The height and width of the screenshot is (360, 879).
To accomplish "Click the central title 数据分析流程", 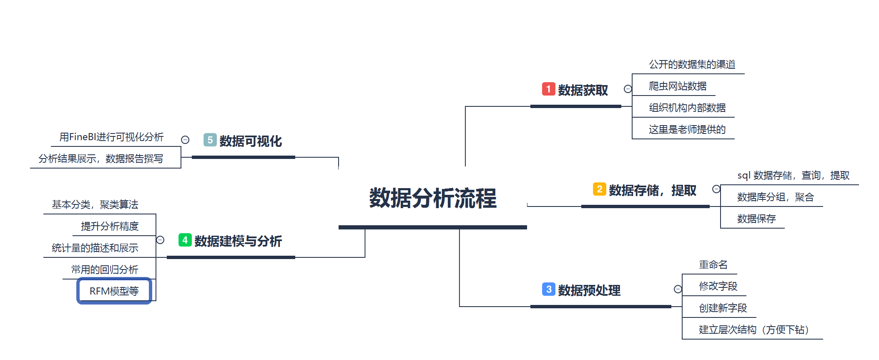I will (433, 198).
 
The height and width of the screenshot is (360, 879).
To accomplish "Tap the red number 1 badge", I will (548, 89).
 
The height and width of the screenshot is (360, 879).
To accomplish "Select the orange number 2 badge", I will (599, 189).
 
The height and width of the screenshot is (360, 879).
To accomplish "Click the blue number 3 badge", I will (548, 289).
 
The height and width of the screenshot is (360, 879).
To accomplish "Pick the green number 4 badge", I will (185, 240).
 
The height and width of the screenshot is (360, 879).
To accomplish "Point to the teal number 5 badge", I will (210, 140).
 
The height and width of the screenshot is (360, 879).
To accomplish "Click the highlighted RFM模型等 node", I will (114, 291).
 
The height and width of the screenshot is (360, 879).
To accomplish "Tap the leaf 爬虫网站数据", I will (678, 86).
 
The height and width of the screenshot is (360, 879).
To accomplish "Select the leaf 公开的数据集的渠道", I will (692, 64).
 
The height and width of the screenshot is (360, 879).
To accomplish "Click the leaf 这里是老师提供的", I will (687, 129).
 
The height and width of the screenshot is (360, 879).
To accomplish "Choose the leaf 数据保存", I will (756, 219).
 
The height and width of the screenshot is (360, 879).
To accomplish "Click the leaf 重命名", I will (713, 264).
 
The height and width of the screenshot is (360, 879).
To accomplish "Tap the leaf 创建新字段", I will (723, 308).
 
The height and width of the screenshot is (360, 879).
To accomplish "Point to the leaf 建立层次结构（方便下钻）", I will (753, 330).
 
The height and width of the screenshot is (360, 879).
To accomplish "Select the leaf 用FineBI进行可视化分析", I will (111, 137).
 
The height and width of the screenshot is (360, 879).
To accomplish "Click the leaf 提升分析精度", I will (110, 226).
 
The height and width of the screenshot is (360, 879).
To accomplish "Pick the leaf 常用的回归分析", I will (104, 269).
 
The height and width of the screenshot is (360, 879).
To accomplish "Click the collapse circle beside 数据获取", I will (628, 89).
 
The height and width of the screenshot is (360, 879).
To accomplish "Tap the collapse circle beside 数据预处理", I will (678, 289).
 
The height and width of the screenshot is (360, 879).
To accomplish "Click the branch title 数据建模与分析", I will (238, 241).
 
